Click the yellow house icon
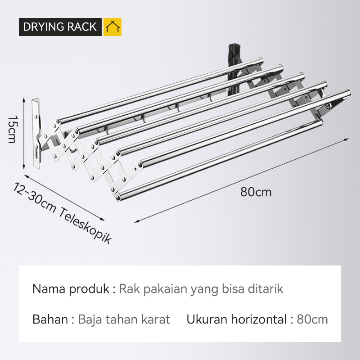(112, 27)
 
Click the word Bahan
(50, 319)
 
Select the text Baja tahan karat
(124, 319)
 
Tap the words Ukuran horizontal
(236, 319)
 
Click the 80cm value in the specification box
(312, 319)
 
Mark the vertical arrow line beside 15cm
(22, 130)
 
